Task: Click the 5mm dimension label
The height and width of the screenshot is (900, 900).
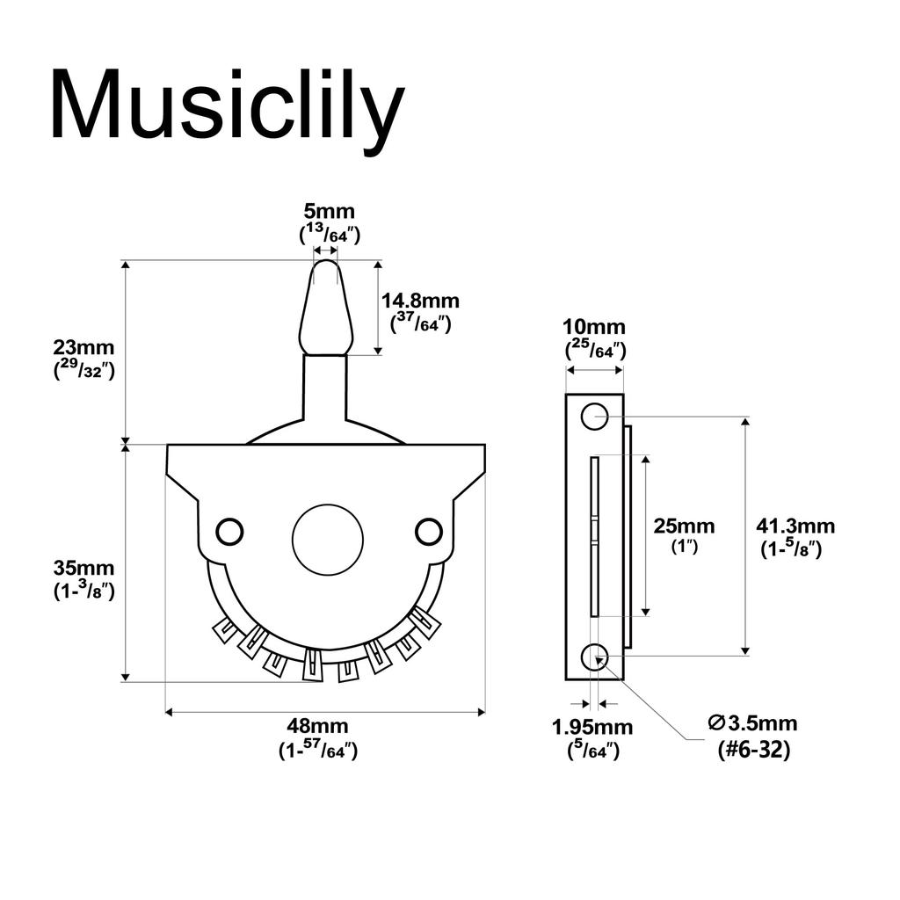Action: coord(330,212)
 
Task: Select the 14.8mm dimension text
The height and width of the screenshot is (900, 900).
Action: coord(420,301)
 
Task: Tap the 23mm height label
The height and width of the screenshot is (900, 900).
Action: coord(83,347)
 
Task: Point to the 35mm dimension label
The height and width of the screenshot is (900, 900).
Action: coord(83,568)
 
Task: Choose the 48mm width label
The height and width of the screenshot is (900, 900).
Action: coord(317,726)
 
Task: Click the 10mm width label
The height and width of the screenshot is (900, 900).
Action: coord(595,328)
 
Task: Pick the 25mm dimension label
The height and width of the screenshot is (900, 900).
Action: coord(684,526)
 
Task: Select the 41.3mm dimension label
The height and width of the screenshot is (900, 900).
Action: coord(795,526)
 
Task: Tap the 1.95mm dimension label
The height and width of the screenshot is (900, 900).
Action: coord(592,727)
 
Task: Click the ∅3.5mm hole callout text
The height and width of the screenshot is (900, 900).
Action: coord(752,723)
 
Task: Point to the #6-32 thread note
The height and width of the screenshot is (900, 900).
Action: coord(752,750)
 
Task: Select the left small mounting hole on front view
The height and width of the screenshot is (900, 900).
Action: coord(229,531)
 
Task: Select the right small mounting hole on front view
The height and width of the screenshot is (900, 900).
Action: coord(428,531)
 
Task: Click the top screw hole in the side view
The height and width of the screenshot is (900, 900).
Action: coord(595,417)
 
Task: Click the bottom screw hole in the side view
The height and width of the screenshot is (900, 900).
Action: coord(595,656)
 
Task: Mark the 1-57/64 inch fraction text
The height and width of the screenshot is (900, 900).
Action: coord(317,751)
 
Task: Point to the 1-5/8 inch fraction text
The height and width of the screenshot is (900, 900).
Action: coord(791,550)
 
